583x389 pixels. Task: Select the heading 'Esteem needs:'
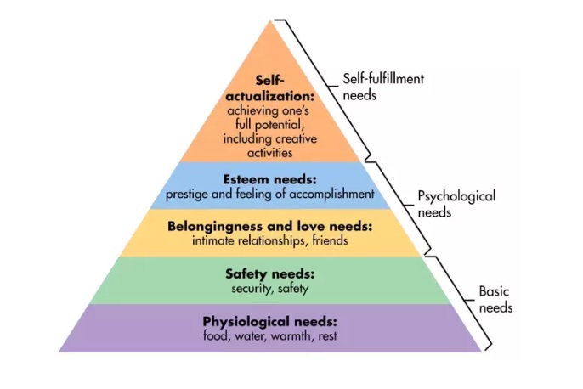pyautogui.click(x=270, y=179)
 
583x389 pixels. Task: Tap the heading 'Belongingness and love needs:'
pyautogui.click(x=270, y=227)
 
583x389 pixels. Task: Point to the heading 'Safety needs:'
pyautogui.click(x=270, y=274)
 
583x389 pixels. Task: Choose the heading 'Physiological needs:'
pyautogui.click(x=270, y=322)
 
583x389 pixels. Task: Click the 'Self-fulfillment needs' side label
pyautogui.click(x=382, y=87)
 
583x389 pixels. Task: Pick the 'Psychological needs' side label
pyautogui.click(x=456, y=204)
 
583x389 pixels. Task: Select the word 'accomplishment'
pyautogui.click(x=333, y=194)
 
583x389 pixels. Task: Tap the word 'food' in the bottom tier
pyautogui.click(x=216, y=336)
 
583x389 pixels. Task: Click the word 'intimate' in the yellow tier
pyautogui.click(x=218, y=241)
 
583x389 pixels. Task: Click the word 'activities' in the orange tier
pyautogui.click(x=270, y=153)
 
